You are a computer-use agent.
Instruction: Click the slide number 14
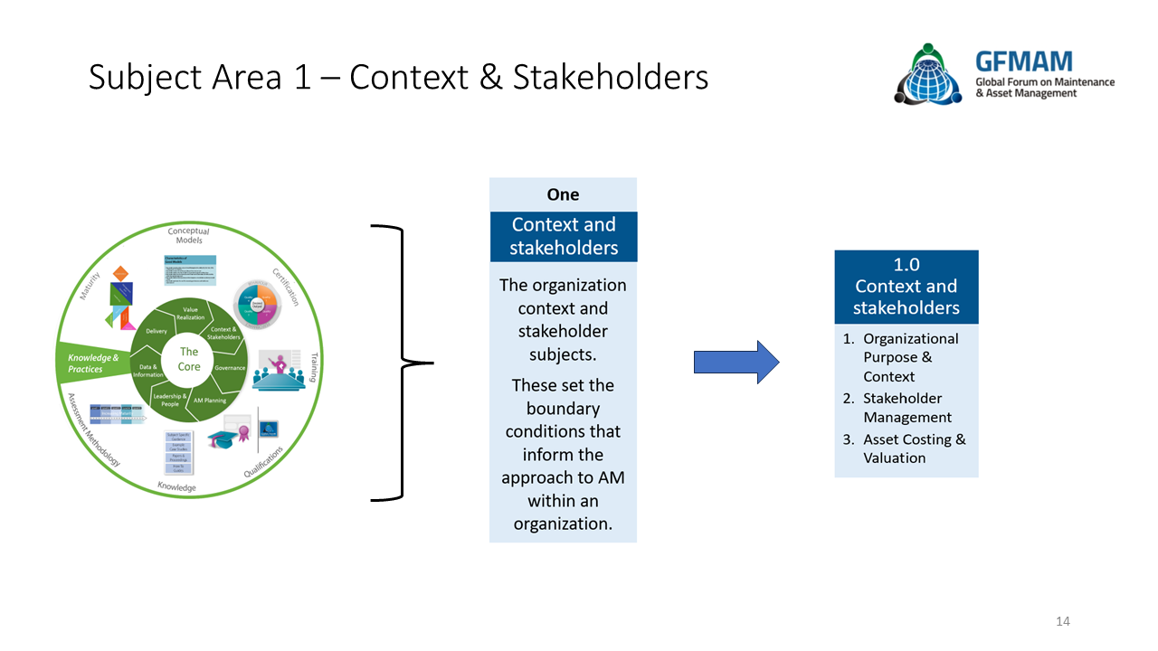coord(1063,621)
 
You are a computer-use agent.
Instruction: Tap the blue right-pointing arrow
coord(736,363)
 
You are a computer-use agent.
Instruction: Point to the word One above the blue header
coord(563,194)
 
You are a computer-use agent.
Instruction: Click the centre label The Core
coord(188,359)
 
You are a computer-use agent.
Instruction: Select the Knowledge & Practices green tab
coord(93,363)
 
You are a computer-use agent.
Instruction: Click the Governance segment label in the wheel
coord(230,368)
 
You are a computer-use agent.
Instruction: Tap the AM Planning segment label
coord(209,401)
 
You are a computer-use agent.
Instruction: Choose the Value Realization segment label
coord(190,313)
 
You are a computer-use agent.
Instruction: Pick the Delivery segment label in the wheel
coord(156,331)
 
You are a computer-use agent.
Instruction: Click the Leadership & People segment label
coord(170,400)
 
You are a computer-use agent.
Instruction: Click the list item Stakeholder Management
coord(907,408)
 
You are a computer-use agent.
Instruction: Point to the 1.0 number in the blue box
coord(906,265)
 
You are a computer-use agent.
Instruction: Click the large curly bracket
coord(402,363)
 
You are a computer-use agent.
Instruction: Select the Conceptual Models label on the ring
coord(188,236)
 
